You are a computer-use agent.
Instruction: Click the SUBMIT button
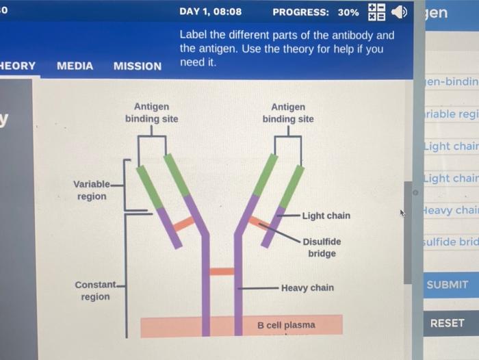point(447,285)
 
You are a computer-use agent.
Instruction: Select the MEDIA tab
point(75,66)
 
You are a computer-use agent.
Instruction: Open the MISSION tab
point(138,66)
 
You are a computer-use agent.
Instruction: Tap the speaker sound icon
point(399,12)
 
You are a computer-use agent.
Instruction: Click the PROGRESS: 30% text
point(315,12)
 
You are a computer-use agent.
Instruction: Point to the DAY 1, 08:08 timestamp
point(210,12)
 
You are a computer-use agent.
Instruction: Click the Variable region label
point(91,190)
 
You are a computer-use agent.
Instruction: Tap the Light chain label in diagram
point(326,216)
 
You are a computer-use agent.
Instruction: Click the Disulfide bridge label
point(322,247)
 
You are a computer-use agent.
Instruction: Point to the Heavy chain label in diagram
point(307,287)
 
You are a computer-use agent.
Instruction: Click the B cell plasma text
point(286,324)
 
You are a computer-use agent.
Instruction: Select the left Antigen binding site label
point(151,113)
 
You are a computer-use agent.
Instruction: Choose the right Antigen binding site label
point(288,113)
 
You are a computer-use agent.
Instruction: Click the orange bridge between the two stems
point(222,271)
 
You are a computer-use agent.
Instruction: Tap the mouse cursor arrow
point(403,214)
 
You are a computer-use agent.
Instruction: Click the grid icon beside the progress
point(377,12)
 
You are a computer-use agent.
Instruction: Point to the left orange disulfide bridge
point(183,224)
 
